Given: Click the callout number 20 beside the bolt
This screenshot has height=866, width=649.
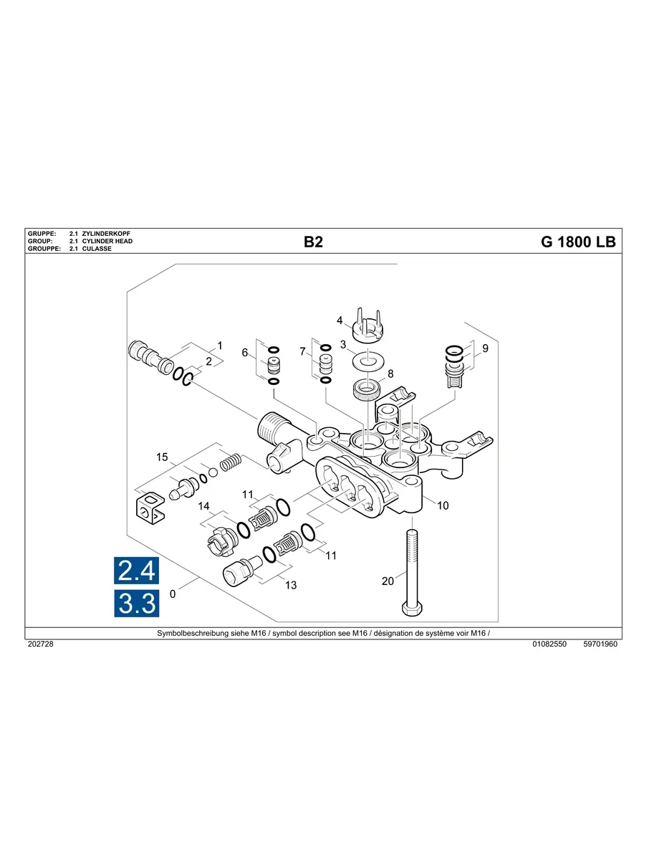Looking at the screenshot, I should click(x=388, y=581).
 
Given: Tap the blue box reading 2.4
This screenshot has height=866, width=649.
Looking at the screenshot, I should click(x=136, y=571).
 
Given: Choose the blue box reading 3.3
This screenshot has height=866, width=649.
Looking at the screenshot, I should click(x=136, y=604).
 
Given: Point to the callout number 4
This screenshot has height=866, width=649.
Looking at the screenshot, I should click(x=340, y=320).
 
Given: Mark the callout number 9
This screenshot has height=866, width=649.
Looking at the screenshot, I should click(x=485, y=349).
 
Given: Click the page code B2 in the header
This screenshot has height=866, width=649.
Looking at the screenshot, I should click(x=313, y=242).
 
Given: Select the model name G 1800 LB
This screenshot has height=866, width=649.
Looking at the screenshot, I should click(x=577, y=242).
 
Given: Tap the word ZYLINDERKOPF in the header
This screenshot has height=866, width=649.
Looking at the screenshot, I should click(x=106, y=234).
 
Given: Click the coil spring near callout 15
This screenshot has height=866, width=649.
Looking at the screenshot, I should click(x=229, y=463).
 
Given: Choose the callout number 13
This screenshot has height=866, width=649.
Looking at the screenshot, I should click(x=291, y=585).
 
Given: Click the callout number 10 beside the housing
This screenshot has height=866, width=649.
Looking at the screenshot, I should click(x=443, y=505).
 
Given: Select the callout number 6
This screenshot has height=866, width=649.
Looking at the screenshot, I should click(x=244, y=353).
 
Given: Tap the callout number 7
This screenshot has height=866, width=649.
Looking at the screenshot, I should click(x=303, y=351).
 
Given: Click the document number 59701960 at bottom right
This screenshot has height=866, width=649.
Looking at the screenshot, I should click(x=600, y=644).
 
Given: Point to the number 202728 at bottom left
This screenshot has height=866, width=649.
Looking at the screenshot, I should click(x=40, y=644).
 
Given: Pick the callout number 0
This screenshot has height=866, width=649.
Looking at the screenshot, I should click(x=172, y=594).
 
